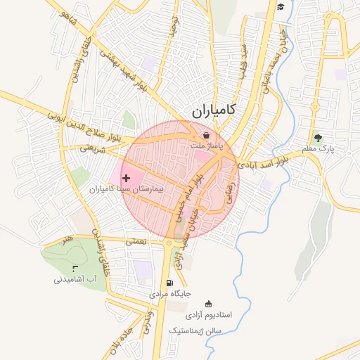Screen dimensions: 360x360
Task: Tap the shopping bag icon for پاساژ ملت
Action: pyautogui.click(x=206, y=135)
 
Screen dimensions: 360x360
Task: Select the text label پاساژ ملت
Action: pyautogui.click(x=206, y=145)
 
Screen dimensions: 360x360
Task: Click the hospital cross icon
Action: pyautogui.click(x=126, y=179)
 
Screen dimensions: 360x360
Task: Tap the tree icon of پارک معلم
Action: pyautogui.click(x=319, y=139)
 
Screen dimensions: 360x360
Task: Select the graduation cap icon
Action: pyautogui.click(x=280, y=7)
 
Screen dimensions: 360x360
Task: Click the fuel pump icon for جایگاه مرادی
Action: pyautogui.click(x=168, y=283)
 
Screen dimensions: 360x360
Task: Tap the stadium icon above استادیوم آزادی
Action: pyautogui.click(x=207, y=304)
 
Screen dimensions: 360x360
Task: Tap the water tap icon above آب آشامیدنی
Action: pyautogui.click(x=75, y=268)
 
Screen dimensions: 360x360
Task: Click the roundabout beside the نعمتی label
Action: pyautogui.click(x=169, y=243)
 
